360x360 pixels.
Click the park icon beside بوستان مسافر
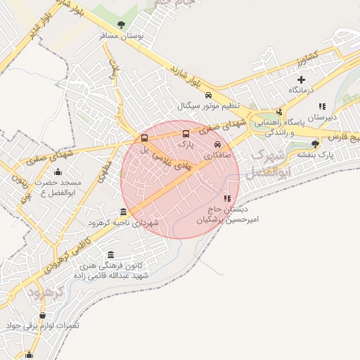point(122,25)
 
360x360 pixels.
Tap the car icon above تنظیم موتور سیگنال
point(208,96)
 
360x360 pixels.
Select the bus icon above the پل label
point(144,138)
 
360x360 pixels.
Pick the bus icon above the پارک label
point(186,134)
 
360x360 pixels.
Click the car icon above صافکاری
point(217,144)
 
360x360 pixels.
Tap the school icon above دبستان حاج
point(227,199)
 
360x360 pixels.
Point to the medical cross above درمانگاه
point(302,80)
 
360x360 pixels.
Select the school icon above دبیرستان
point(322,106)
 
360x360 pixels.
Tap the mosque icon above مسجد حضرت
point(58,172)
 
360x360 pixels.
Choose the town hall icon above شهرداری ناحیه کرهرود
point(123,212)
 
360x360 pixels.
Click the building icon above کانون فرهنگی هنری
point(110,255)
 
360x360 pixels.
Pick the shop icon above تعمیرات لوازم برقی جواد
point(43,315)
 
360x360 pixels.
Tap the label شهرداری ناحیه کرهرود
point(124,222)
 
